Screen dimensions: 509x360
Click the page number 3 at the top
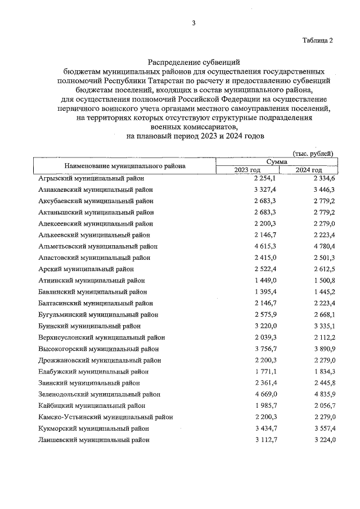click(x=193, y=23)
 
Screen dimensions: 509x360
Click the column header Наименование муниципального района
click(x=125, y=166)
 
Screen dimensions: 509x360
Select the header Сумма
click(x=277, y=161)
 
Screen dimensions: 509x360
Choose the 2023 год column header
click(x=247, y=170)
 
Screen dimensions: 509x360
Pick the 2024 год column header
click(x=308, y=170)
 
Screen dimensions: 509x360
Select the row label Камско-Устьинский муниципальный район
click(x=105, y=417)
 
